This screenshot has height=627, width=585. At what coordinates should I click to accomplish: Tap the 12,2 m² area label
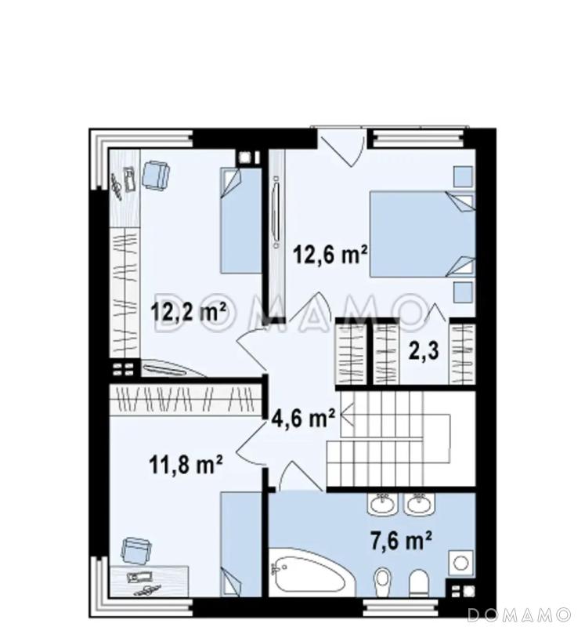(x=188, y=311)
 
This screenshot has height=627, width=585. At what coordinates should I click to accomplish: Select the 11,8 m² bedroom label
(x=186, y=464)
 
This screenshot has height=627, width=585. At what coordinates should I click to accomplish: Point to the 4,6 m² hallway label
(x=303, y=419)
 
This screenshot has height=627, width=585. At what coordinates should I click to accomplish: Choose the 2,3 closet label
(x=424, y=350)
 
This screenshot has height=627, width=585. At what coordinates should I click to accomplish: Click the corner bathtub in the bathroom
(x=311, y=573)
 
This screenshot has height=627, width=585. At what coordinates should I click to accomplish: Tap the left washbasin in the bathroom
(x=383, y=503)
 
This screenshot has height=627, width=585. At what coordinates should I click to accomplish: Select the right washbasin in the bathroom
(x=418, y=503)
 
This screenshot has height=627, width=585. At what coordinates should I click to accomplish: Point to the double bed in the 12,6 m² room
(x=422, y=234)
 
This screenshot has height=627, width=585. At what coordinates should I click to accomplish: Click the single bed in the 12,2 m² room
(x=241, y=220)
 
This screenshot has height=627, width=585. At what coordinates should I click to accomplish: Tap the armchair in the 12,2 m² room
(x=155, y=176)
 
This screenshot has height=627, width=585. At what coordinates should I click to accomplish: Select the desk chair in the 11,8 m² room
(x=136, y=551)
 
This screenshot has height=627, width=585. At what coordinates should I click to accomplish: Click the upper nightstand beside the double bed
(x=463, y=177)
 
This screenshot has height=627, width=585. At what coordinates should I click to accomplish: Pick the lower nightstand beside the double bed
(x=463, y=292)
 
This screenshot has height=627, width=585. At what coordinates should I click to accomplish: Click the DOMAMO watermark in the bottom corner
(x=519, y=614)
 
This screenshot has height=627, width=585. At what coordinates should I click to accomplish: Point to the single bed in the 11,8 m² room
(x=241, y=545)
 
